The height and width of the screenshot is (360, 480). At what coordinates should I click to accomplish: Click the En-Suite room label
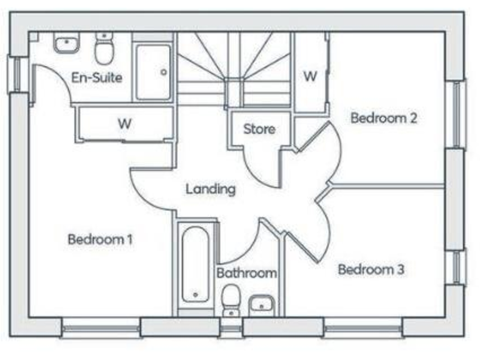tap(96, 77)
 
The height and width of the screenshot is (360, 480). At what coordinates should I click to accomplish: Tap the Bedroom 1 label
tap(100, 239)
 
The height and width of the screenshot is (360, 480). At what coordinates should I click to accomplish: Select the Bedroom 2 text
tap(383, 117)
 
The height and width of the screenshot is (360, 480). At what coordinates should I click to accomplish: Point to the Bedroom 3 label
tap(371, 269)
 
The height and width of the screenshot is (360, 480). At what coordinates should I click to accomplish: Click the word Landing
tap(210, 189)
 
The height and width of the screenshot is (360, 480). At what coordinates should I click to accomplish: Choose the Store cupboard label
tap(259, 129)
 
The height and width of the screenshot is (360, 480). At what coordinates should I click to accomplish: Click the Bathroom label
tap(246, 273)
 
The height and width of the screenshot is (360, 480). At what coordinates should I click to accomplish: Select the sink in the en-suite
tap(66, 44)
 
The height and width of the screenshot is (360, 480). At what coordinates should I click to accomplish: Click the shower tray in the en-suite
tap(153, 72)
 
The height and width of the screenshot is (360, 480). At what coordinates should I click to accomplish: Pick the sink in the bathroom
tap(261, 304)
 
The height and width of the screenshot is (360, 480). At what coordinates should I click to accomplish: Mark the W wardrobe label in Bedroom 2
tap(310, 76)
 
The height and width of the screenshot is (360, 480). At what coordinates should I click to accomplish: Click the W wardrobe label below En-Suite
tap(124, 123)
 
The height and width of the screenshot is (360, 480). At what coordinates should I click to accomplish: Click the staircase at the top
tap(234, 69)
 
